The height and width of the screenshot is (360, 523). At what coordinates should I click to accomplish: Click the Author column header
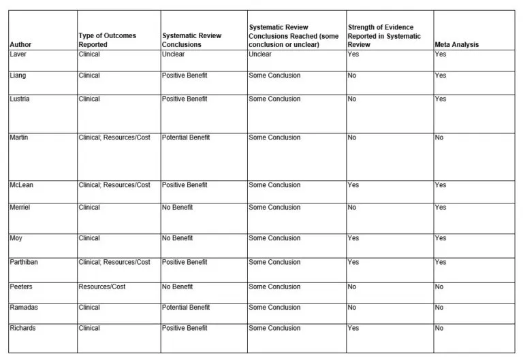click(20, 45)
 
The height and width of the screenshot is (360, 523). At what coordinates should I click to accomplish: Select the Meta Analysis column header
click(456, 45)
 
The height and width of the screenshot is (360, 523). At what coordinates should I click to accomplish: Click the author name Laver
click(18, 55)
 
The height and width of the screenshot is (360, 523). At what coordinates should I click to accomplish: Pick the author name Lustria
click(20, 99)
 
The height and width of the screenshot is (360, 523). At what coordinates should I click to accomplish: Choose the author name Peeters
click(21, 287)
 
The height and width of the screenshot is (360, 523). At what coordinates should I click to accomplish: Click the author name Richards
click(22, 328)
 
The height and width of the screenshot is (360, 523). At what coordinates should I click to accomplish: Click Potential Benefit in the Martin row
click(186, 138)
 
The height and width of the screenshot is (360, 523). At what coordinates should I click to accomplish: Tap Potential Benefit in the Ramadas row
click(186, 308)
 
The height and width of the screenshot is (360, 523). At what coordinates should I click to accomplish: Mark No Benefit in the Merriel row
click(177, 208)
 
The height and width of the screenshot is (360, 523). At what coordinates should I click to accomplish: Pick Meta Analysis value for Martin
click(439, 138)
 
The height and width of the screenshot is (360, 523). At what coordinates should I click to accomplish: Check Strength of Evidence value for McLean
click(353, 185)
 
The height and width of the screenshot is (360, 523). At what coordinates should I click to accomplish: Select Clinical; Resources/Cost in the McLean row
click(114, 185)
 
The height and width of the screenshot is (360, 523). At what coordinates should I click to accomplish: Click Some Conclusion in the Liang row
click(274, 76)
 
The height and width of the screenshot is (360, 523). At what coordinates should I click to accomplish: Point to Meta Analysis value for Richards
click(439, 328)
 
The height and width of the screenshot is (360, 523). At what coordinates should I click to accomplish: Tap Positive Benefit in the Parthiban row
click(185, 263)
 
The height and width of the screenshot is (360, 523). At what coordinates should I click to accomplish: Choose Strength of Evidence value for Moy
click(353, 239)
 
